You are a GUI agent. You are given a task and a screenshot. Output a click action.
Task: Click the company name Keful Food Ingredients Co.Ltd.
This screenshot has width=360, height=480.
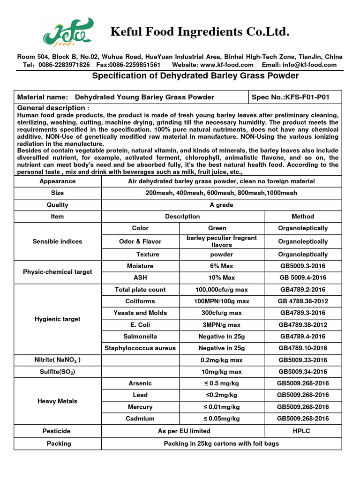199,32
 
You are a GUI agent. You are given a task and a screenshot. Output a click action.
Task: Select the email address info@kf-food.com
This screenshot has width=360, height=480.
312,65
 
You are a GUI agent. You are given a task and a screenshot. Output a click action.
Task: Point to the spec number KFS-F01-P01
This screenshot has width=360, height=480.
291,97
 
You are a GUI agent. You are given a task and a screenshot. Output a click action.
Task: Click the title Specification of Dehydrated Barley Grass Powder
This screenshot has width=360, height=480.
195,76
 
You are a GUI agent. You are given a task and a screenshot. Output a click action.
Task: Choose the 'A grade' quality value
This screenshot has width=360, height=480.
221,205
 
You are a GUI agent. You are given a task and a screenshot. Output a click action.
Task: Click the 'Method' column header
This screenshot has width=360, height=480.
303,217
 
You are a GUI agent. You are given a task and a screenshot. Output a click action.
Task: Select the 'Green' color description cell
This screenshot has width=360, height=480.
221,228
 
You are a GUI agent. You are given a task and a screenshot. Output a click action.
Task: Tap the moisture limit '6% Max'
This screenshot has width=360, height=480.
221,266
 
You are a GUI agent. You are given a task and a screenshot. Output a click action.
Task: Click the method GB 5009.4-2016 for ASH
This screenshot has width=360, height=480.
303,277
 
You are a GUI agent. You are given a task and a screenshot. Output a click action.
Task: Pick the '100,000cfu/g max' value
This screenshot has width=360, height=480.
221,290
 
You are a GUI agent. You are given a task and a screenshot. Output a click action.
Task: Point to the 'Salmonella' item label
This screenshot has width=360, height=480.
140,337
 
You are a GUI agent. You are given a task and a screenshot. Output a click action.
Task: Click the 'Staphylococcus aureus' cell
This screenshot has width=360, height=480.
140,348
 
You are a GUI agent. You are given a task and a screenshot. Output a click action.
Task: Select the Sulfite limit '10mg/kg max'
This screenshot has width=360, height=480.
221,372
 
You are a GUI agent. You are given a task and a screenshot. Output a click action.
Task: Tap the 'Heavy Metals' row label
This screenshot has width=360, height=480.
58,401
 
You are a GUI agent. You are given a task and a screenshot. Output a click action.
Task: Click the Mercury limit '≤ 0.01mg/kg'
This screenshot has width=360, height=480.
221,407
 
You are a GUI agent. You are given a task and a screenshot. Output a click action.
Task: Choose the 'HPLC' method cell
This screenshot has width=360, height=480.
303,431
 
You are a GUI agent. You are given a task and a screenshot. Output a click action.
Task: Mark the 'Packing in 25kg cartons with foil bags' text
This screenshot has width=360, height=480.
221,443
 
